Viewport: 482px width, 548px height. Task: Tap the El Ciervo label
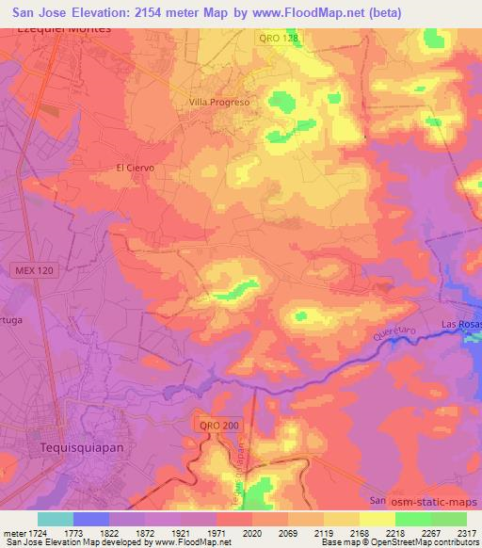point(134,168)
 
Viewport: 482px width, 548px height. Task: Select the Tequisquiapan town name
point(84,449)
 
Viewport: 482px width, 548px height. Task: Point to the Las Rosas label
point(461,325)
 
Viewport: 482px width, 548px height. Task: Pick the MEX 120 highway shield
point(33,270)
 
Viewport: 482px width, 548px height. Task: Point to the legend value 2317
point(466,533)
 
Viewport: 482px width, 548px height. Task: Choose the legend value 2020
point(251,533)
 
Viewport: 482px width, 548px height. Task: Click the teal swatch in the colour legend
point(56,519)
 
